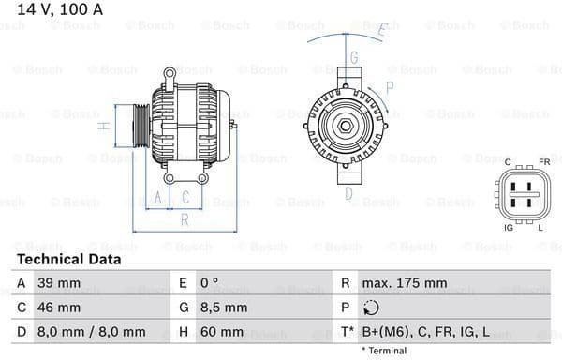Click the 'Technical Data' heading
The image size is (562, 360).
pyautogui.click(x=68, y=259)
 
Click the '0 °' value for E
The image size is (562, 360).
pyautogui.click(x=211, y=283)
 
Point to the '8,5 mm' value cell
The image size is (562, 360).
pyautogui.click(x=224, y=307)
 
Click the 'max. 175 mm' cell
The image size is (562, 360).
pyautogui.click(x=406, y=283)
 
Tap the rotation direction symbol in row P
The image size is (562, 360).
pyautogui.click(x=372, y=307)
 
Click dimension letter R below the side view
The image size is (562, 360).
pyautogui.click(x=184, y=219)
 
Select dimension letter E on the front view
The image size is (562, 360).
pyautogui.click(x=382, y=30)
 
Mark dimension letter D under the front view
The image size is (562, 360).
pyautogui.click(x=348, y=194)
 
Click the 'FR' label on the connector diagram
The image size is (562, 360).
pyautogui.click(x=542, y=162)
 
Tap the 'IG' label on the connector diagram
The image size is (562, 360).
pyautogui.click(x=508, y=228)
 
